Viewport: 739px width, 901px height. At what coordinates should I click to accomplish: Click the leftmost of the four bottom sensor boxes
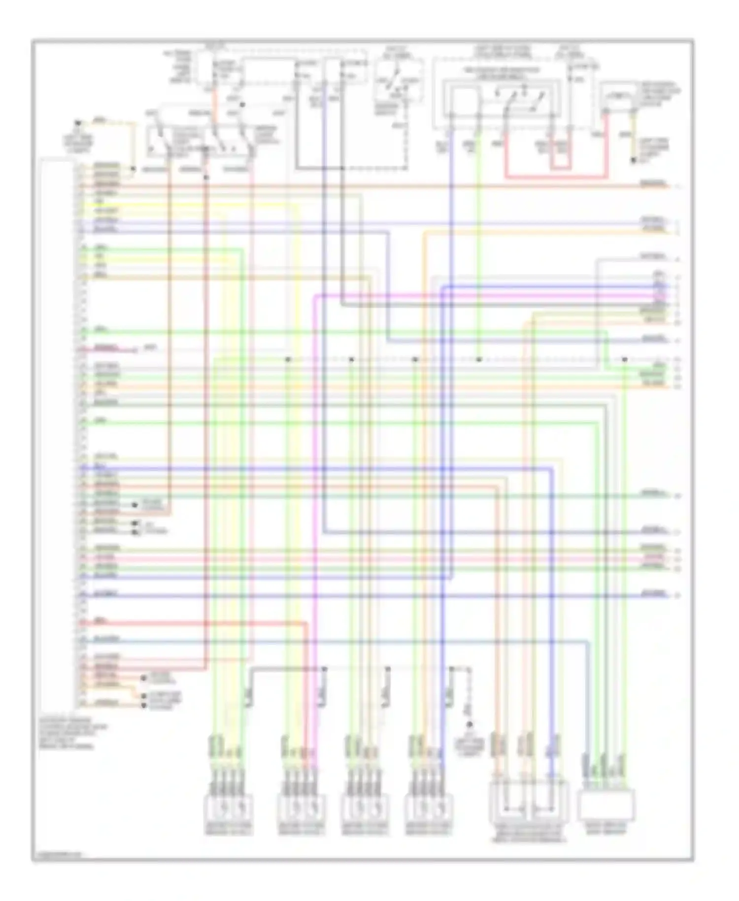(228, 807)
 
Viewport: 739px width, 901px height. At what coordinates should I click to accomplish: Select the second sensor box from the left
(301, 807)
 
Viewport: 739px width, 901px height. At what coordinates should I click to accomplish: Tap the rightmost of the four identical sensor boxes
(428, 807)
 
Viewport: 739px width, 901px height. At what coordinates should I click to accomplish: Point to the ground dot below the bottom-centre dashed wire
(470, 725)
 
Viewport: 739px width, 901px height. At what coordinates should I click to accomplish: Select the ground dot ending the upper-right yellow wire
(634, 161)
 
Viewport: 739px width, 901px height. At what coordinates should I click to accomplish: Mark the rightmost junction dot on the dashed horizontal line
(624, 360)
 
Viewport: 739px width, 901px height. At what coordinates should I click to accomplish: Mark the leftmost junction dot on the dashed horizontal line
(288, 360)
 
